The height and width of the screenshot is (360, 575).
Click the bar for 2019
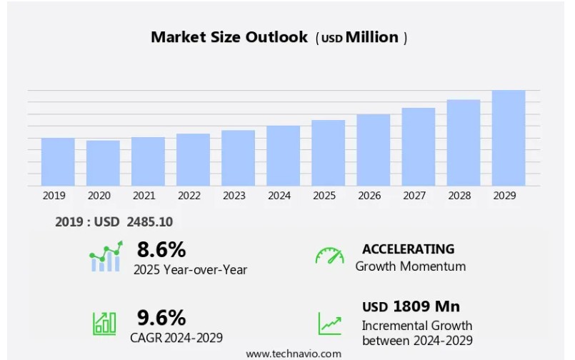(58, 161)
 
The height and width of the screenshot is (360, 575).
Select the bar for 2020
(103, 163)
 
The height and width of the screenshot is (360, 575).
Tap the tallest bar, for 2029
(509, 138)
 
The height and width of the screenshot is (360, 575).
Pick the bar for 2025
(328, 153)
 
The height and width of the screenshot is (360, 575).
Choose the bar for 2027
(419, 146)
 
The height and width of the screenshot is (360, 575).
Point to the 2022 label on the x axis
(189, 195)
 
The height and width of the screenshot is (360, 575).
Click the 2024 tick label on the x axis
(279, 195)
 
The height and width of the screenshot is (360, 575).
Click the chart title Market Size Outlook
(229, 37)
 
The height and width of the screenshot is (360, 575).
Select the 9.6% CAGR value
(161, 317)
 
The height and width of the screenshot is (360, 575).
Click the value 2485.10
(149, 222)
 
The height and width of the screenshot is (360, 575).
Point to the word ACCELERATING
(408, 249)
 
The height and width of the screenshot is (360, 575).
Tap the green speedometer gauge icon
(329, 256)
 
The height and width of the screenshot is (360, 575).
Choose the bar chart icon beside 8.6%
(106, 257)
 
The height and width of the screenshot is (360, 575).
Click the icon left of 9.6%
(104, 324)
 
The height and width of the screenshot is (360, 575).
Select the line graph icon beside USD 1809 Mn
(329, 324)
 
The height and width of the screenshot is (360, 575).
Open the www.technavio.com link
(294, 354)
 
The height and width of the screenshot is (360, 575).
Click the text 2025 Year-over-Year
(190, 269)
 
